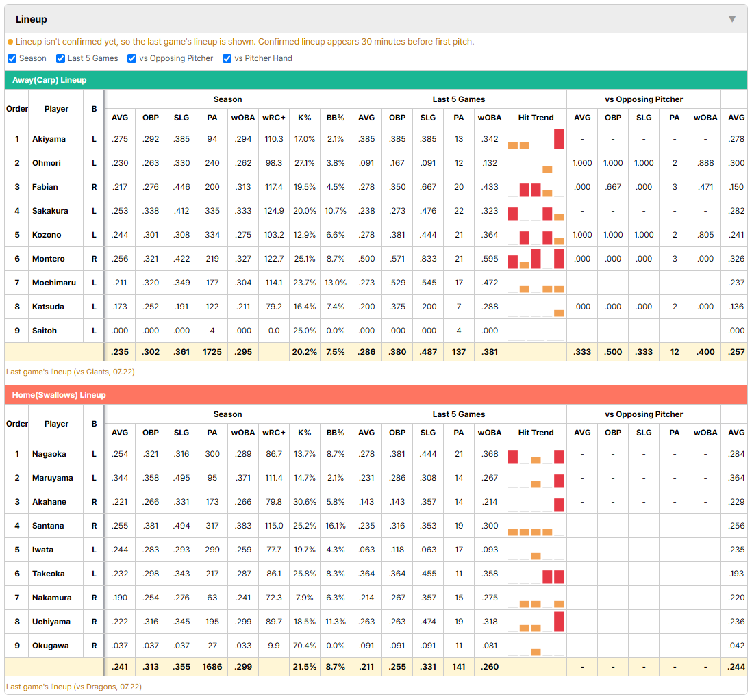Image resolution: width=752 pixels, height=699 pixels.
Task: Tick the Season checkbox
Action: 12,58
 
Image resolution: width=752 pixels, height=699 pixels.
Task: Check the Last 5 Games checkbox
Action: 60,58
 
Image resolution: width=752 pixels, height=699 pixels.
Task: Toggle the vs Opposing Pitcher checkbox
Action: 131,58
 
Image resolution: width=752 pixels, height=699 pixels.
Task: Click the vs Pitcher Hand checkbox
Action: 227,58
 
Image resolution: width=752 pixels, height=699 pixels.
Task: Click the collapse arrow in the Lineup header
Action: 732,19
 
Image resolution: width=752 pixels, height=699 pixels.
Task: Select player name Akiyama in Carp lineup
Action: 49,139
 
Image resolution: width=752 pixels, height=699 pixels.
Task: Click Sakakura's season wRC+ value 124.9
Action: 274,211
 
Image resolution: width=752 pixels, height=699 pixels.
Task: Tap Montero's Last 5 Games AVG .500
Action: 366,259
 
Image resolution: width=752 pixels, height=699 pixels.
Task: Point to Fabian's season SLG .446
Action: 181,187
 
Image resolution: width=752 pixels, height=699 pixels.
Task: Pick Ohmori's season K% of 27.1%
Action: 305,163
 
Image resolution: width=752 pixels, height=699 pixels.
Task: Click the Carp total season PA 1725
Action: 212,352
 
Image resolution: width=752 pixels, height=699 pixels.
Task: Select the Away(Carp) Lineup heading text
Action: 49,80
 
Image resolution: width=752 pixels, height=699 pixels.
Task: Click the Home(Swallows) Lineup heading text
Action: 59,395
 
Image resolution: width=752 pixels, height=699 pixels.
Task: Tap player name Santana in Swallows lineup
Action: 48,526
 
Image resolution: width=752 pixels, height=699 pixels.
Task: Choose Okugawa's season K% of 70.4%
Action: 305,646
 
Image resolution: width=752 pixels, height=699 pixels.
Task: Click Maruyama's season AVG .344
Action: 120,478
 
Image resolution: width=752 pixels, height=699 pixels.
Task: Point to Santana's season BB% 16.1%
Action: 335,526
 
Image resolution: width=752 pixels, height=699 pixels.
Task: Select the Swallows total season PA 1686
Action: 212,667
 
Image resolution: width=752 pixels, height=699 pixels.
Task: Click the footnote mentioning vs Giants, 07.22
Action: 71,372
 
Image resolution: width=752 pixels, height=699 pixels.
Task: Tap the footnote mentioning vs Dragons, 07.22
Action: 74,687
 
